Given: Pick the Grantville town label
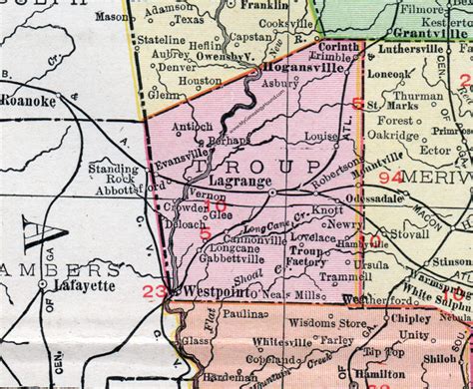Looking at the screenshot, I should [426, 29].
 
